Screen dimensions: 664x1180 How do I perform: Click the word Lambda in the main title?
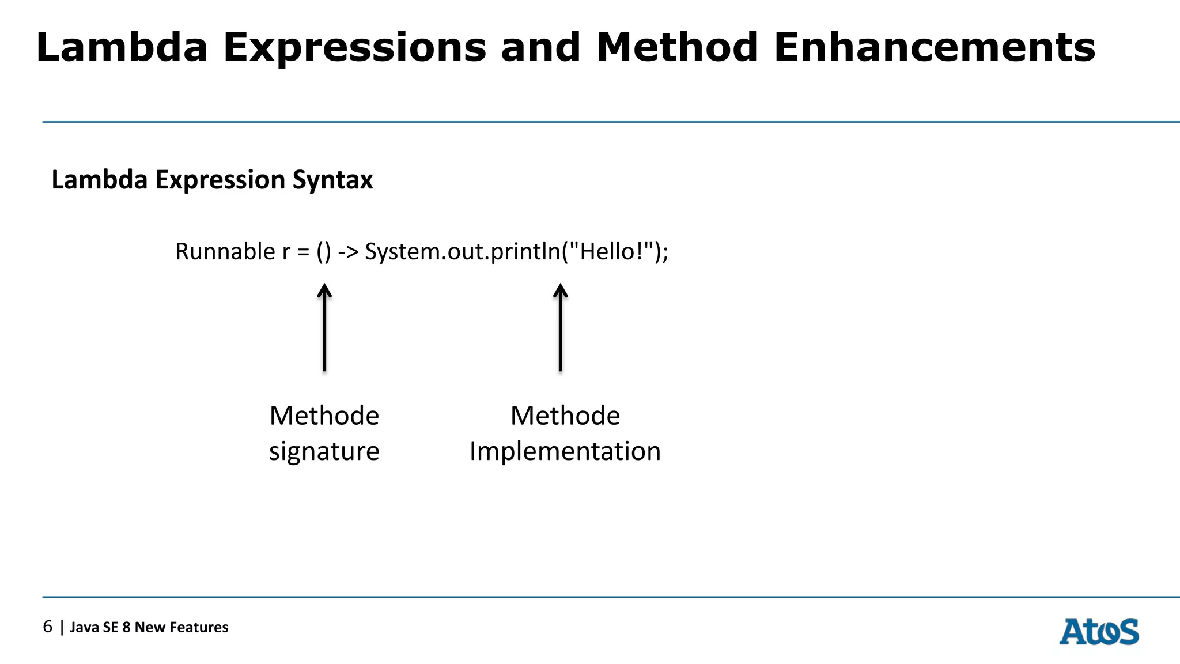pyautogui.click(x=122, y=47)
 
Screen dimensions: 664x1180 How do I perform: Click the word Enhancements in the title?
pyautogui.click(x=934, y=47)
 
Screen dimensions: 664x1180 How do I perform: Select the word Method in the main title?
pyautogui.click(x=677, y=47)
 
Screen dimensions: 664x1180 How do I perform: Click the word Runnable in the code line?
pyautogui.click(x=225, y=252)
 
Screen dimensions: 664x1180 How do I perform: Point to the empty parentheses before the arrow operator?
pyautogui.click(x=324, y=252)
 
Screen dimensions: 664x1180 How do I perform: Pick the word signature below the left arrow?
pyautogui.click(x=324, y=451)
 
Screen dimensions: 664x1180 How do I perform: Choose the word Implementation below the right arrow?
pyautogui.click(x=565, y=451)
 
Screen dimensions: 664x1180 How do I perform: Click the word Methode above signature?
pyautogui.click(x=324, y=416)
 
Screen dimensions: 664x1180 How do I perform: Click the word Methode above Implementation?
pyautogui.click(x=565, y=416)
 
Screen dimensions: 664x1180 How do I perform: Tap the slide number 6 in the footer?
pyautogui.click(x=47, y=627)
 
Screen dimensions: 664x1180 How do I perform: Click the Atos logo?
pyautogui.click(x=1099, y=632)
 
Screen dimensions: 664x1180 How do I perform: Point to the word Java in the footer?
pyautogui.click(x=85, y=627)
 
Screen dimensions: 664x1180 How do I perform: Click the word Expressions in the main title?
pyautogui.click(x=355, y=47)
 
